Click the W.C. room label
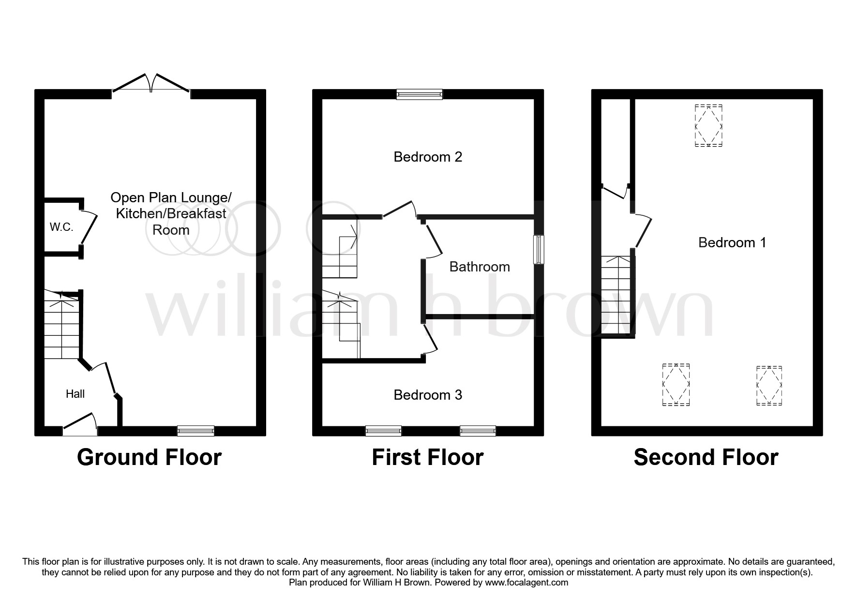(61, 227)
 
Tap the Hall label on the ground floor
(75, 394)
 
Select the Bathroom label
(480, 267)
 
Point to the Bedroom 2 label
(428, 157)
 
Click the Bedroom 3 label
(428, 395)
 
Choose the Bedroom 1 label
(732, 242)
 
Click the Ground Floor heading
(149, 457)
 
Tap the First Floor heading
(428, 457)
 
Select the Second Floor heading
(706, 457)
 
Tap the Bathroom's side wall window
(539, 250)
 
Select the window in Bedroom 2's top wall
(419, 94)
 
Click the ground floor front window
(195, 431)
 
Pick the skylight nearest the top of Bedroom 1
(709, 125)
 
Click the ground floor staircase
(62, 324)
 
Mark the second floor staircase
(616, 296)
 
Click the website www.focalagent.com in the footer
(526, 583)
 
